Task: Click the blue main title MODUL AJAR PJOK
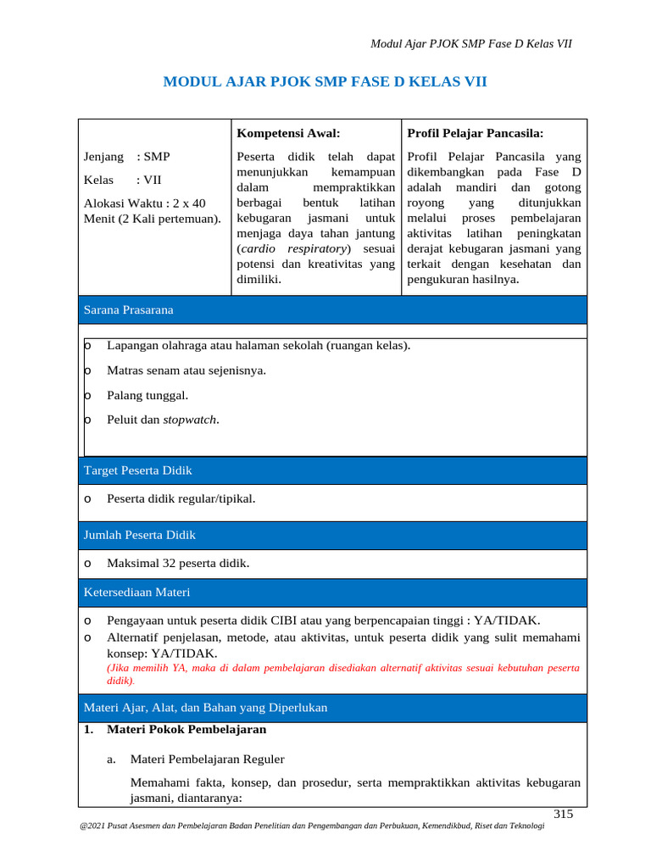(325, 81)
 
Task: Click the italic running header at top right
(471, 43)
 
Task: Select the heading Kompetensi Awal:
(288, 133)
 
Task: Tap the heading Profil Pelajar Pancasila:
(475, 133)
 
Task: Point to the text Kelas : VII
(122, 180)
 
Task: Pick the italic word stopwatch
(190, 420)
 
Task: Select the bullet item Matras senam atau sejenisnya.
(186, 370)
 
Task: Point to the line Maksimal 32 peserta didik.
(178, 564)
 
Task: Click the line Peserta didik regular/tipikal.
(181, 498)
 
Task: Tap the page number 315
(563, 815)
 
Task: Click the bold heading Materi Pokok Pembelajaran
(186, 729)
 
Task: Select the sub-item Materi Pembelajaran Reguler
(207, 759)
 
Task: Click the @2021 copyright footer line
(310, 836)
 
